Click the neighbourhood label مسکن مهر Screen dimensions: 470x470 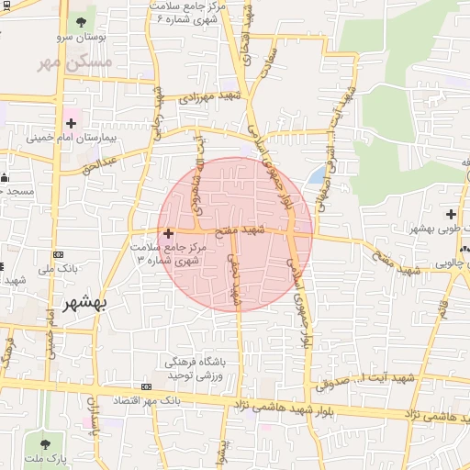click(x=75, y=62)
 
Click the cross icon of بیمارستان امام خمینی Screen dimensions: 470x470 click(x=72, y=122)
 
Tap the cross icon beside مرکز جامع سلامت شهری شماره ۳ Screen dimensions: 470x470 click(x=167, y=234)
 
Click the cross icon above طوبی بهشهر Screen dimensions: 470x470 click(x=452, y=214)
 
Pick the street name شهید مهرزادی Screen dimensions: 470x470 click(x=215, y=97)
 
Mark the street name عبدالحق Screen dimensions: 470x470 click(x=99, y=164)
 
